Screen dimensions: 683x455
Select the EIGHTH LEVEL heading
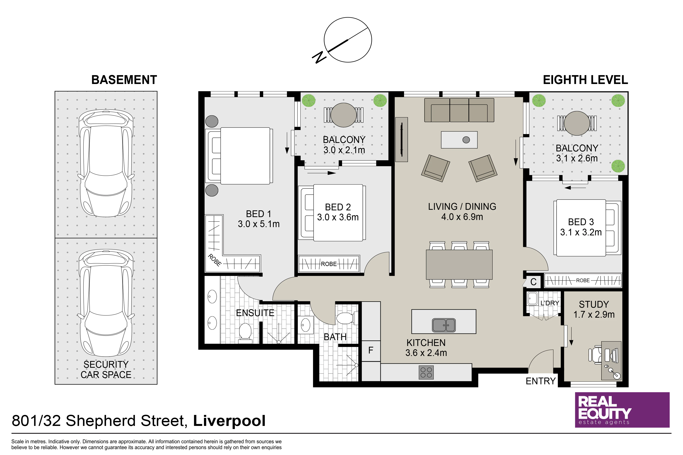(x=585, y=80)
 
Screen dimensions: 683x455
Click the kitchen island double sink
(x=444, y=325)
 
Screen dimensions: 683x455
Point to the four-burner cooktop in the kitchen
(x=426, y=372)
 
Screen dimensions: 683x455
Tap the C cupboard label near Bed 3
(x=533, y=282)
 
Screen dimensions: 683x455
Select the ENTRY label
(x=541, y=381)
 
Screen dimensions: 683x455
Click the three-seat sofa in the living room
(x=459, y=110)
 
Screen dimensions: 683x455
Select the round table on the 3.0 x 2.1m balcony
(x=344, y=115)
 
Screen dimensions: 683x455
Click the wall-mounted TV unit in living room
(x=402, y=140)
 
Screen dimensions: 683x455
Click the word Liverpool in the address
(x=229, y=421)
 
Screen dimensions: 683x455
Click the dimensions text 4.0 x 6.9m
(x=462, y=217)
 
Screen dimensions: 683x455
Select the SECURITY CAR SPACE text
(x=106, y=369)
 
